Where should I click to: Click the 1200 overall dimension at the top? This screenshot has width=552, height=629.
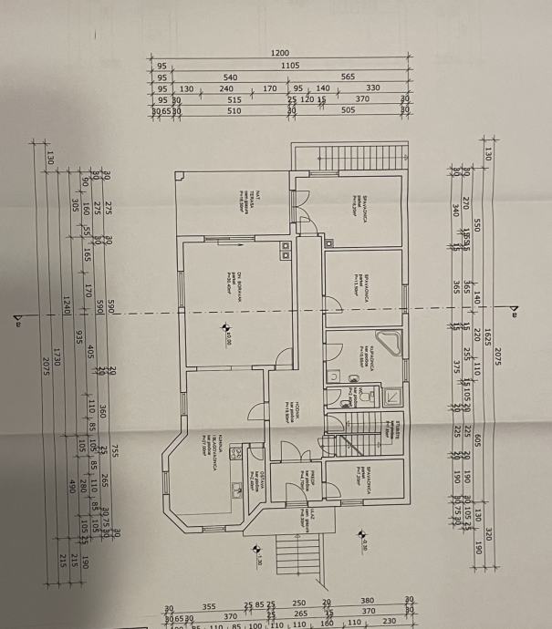pyautogui.click(x=280, y=54)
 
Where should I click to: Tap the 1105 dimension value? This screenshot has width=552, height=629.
pyautogui.click(x=290, y=66)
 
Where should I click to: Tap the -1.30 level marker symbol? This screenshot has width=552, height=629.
pyautogui.click(x=258, y=562)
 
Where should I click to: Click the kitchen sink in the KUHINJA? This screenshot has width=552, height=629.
pyautogui.click(x=236, y=449)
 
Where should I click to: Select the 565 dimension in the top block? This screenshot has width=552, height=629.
pyautogui.click(x=348, y=77)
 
